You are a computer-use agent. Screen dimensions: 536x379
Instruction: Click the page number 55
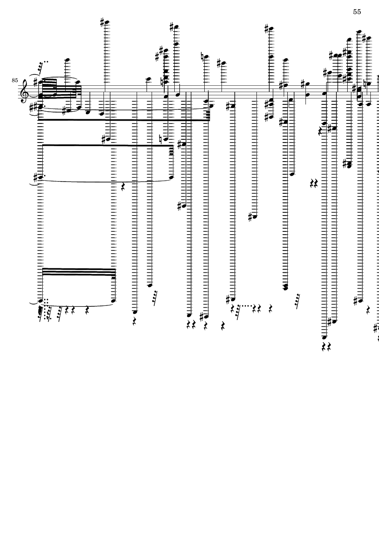[357, 12]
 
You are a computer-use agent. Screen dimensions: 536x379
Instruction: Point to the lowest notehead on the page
[324, 337]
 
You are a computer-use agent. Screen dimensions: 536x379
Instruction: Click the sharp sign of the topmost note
[103, 21]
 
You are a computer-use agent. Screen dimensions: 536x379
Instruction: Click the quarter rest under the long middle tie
[124, 185]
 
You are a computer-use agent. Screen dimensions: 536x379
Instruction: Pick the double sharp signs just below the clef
[34, 108]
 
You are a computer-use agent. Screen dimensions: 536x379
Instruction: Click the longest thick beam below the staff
[123, 120]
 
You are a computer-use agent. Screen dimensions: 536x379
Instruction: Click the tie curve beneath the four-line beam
[77, 305]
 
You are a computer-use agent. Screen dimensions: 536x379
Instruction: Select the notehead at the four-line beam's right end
[114, 300]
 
